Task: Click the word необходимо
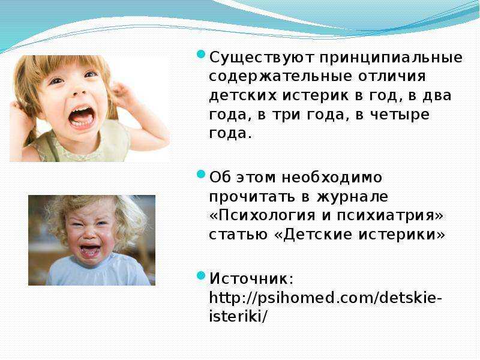tap(332, 178)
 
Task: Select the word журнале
tap(352, 197)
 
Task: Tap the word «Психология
tap(262, 215)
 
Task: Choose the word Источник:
tap(251, 278)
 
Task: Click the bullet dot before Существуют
tap(201, 55)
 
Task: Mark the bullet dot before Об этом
tap(201, 175)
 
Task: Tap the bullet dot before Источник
tap(201, 275)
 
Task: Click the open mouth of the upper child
tap(82, 117)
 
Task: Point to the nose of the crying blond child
tap(89, 234)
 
